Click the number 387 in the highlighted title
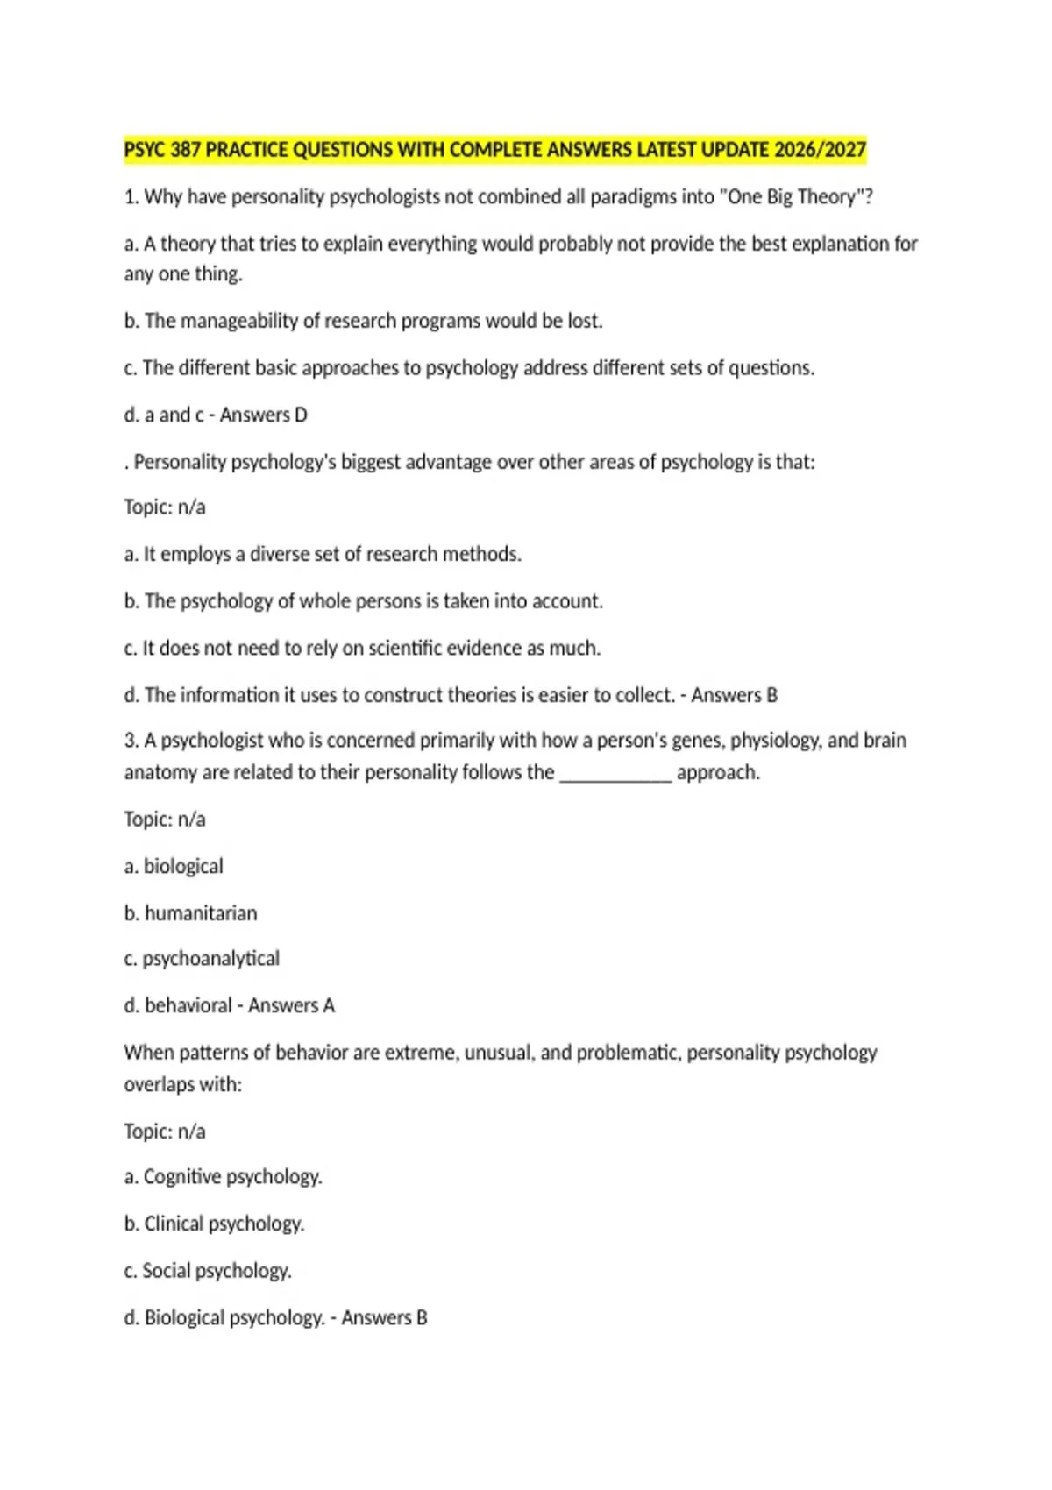[x=186, y=150]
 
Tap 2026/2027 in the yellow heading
[x=821, y=150]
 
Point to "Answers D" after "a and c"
[x=264, y=415]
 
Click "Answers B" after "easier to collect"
[x=735, y=695]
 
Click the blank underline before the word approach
[x=615, y=773]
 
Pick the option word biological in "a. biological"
[x=183, y=866]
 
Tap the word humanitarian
[x=201, y=913]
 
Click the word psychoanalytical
[x=211, y=959]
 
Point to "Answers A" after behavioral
[x=292, y=1005]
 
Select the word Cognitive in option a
[x=182, y=1177]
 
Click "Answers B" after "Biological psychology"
[x=385, y=1317]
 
